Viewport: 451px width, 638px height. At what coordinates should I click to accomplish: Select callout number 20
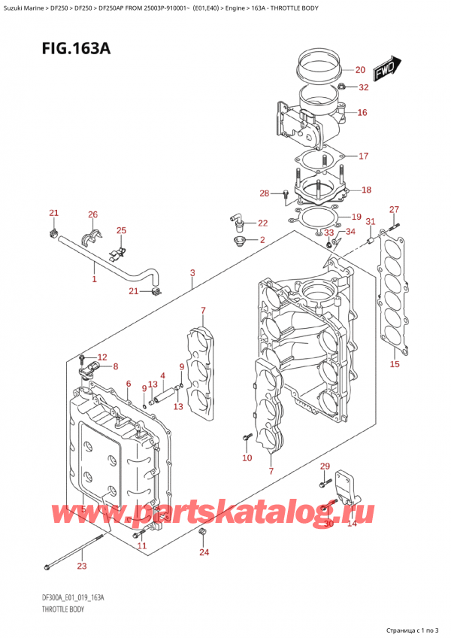(x=359, y=70)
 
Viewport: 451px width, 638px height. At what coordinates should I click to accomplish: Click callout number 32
(x=364, y=87)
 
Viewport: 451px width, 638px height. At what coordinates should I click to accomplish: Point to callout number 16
(x=362, y=113)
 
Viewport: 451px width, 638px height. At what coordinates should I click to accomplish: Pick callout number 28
(x=264, y=194)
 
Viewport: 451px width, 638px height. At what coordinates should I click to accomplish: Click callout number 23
(x=82, y=567)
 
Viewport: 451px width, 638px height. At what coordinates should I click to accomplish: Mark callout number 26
(x=92, y=215)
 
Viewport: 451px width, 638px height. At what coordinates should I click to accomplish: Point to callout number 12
(x=102, y=357)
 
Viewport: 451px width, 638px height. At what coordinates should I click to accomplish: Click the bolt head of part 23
(x=48, y=565)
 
